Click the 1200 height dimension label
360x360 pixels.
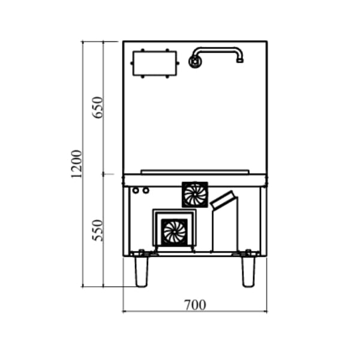click(76, 164)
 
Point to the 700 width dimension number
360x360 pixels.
click(194, 305)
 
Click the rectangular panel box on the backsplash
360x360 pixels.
click(155, 63)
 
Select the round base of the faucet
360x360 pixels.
click(196, 61)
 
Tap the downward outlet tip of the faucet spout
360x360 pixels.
click(240, 60)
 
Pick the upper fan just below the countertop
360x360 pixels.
click(195, 194)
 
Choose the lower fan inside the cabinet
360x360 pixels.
click(175, 232)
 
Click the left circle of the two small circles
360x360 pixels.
click(136, 191)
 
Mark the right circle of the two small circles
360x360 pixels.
click(145, 191)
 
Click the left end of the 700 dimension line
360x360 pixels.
click(123, 311)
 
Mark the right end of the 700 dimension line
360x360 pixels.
click(267, 311)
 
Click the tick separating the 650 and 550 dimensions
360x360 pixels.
click(103, 174)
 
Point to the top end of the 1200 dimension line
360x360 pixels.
click(83, 41)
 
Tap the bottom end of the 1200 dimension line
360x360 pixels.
click(83, 287)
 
